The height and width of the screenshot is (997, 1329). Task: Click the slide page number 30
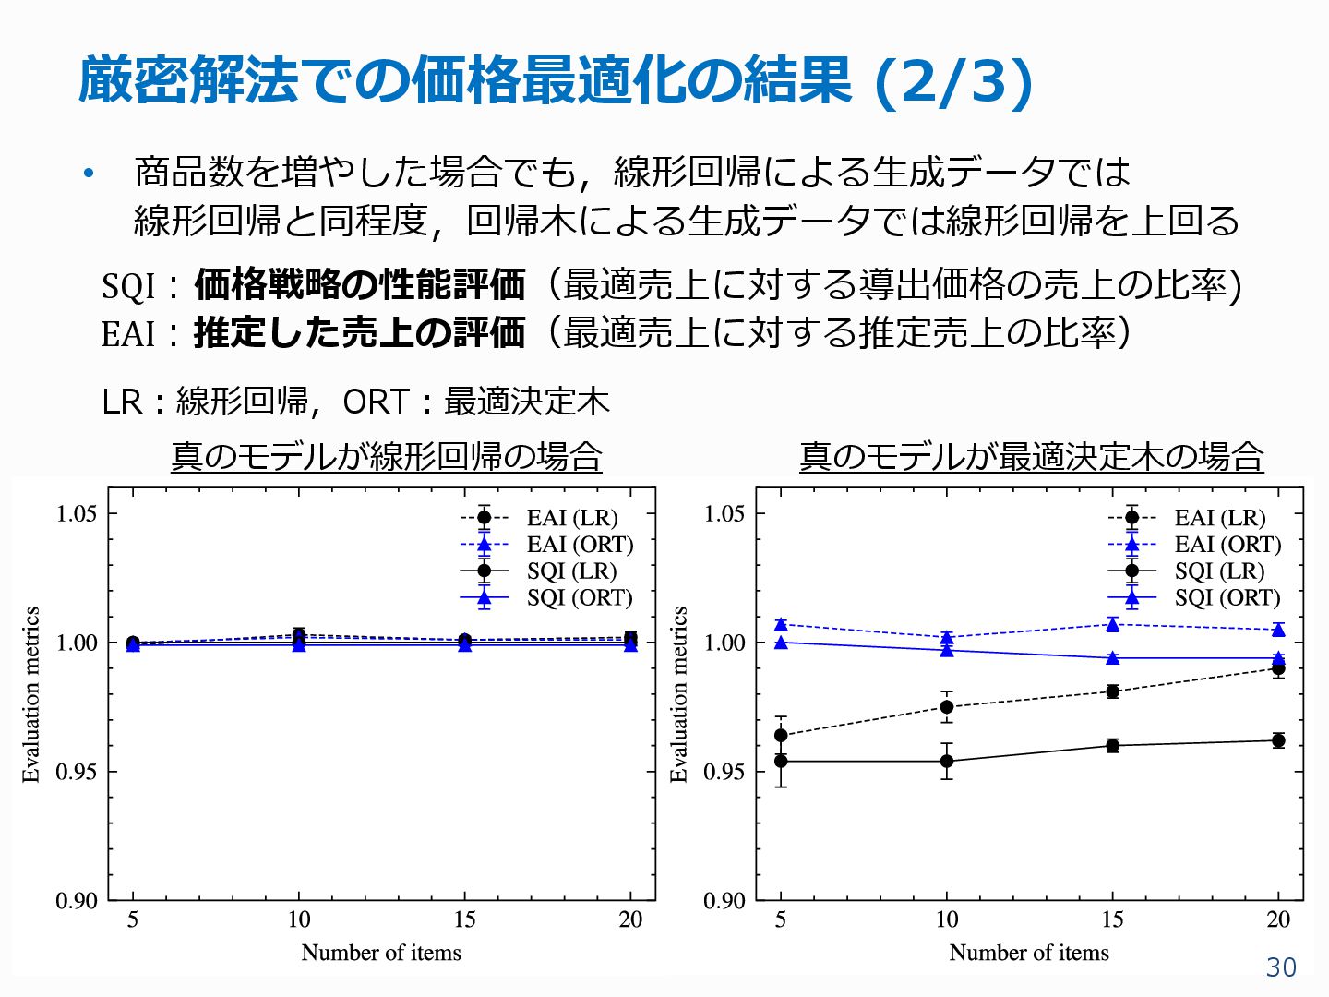(1281, 967)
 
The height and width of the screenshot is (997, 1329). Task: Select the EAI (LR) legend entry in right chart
(1219, 518)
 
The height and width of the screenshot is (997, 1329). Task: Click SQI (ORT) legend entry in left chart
(580, 598)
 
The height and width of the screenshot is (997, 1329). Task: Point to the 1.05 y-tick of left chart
(77, 513)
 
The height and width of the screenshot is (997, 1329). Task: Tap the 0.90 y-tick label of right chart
(724, 900)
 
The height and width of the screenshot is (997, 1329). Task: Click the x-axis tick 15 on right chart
(1112, 919)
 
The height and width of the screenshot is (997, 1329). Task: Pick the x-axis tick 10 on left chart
(299, 919)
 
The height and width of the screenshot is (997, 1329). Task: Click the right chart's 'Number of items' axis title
(1029, 953)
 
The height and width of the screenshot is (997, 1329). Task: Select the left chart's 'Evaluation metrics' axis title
(31, 694)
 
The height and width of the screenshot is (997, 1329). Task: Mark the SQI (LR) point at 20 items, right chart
(1278, 740)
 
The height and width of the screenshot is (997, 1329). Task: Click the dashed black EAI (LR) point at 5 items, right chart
(781, 736)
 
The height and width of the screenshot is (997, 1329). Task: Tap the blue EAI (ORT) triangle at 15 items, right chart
(1113, 625)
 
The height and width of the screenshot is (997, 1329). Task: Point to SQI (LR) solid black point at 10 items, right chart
(947, 762)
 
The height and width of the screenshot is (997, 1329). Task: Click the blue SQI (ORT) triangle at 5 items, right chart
(781, 643)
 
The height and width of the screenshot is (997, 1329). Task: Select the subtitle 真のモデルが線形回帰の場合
(387, 456)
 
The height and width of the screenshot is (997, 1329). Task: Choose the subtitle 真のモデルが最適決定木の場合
(1031, 456)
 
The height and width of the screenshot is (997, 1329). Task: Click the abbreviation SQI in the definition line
(128, 286)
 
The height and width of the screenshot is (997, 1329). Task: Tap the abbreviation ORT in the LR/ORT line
(376, 402)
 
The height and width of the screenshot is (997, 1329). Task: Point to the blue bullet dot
(89, 174)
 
